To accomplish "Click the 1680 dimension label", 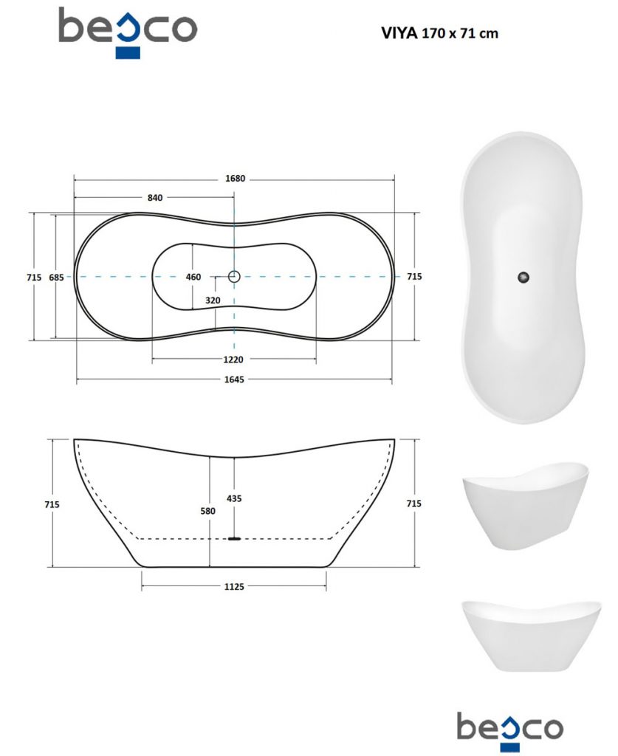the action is (x=236, y=179).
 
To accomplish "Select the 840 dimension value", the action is (x=155, y=198).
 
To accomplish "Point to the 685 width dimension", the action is (x=56, y=278).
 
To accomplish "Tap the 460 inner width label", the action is (x=193, y=277).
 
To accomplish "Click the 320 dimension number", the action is (x=213, y=300).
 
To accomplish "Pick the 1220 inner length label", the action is (x=233, y=360).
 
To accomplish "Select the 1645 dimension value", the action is (x=234, y=379).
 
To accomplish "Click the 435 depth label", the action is (x=234, y=498).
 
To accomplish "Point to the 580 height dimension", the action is (x=207, y=511).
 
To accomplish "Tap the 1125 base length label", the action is (x=234, y=587).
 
